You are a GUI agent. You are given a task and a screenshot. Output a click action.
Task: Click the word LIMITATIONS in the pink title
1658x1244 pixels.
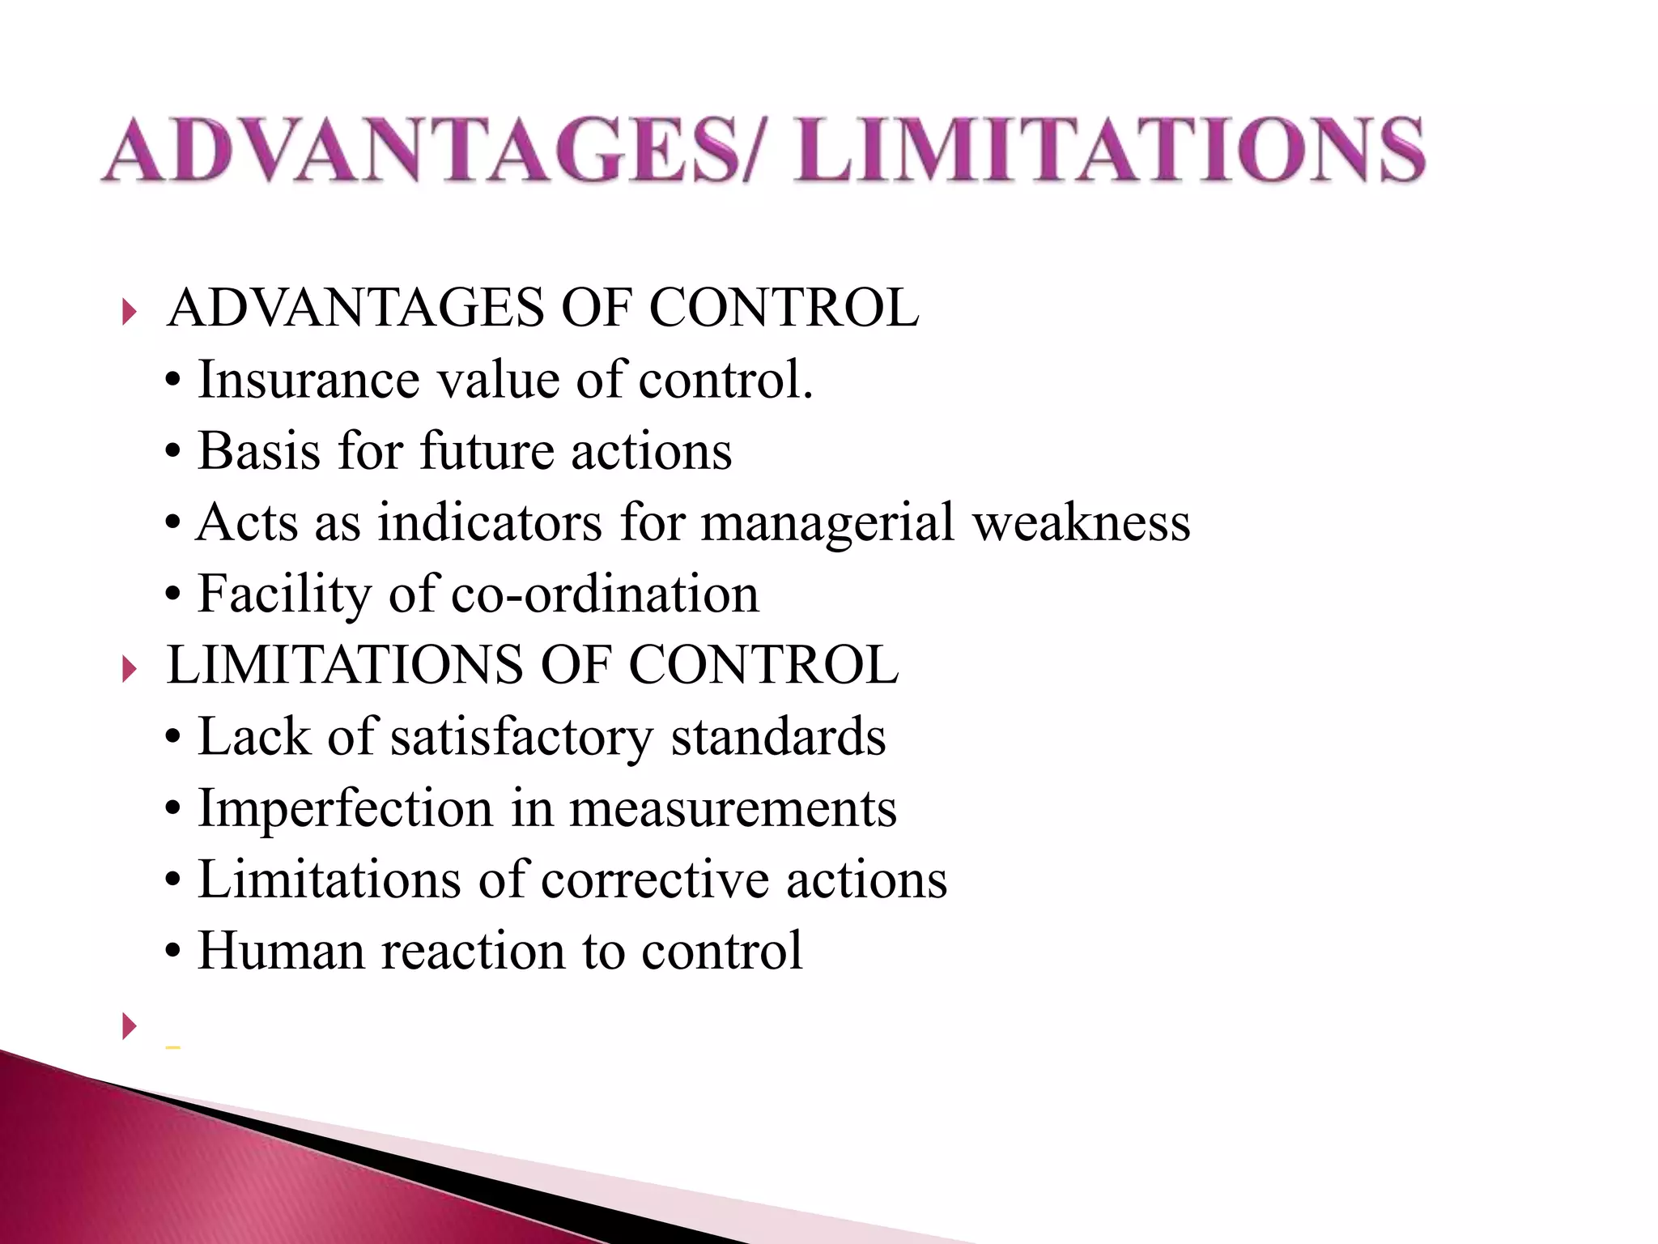pos(1109,150)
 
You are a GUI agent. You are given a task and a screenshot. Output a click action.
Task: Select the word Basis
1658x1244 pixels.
pos(259,451)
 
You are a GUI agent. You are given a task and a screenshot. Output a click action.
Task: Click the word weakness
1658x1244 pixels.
pos(1082,522)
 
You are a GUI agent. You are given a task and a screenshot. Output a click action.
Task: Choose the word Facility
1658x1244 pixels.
pos(284,595)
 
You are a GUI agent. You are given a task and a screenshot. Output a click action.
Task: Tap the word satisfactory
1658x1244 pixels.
pos(521,739)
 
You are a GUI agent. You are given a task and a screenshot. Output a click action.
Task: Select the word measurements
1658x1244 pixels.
pos(733,809)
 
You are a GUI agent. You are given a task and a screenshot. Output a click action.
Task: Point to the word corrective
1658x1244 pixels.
pos(654,880)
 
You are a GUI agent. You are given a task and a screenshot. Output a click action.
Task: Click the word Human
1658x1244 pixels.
pos(281,951)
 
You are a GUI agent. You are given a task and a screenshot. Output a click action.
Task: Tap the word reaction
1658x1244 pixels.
pos(473,951)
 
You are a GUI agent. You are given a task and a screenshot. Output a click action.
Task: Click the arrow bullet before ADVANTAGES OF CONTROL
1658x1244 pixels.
pos(130,311)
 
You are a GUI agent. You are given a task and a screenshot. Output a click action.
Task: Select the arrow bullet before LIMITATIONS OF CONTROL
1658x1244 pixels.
pos(130,669)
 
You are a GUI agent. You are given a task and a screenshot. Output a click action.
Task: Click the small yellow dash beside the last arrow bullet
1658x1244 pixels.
pos(172,1047)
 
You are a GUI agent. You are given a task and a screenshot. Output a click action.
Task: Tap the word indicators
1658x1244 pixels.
pos(490,522)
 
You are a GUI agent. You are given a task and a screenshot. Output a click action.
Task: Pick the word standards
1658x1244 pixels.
pos(778,737)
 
